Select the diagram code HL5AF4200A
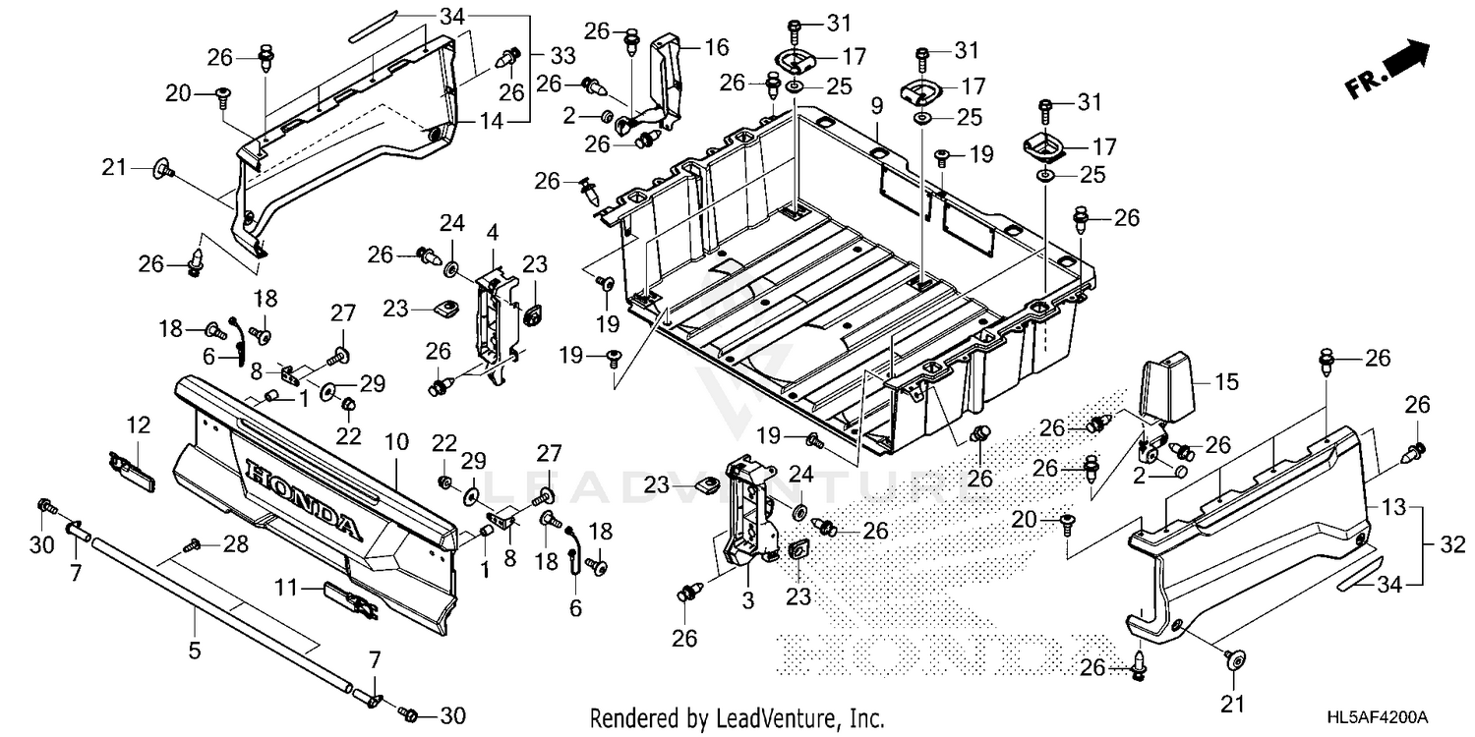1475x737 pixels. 1382,718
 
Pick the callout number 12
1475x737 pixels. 138,425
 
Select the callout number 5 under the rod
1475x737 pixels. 194,649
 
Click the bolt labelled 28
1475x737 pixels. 195,543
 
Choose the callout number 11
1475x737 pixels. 285,589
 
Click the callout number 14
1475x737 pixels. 492,122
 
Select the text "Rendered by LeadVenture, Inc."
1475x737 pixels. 737,718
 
